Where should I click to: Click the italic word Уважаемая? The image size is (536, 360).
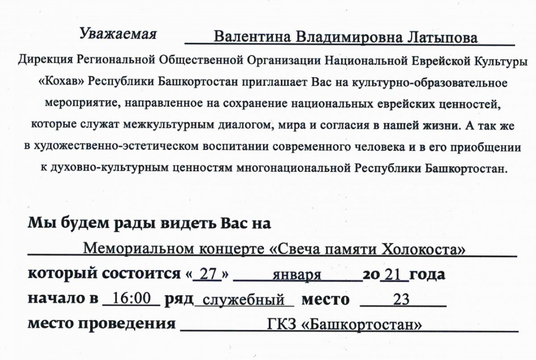pos(118,34)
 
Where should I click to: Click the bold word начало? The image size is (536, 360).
pos(55,299)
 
